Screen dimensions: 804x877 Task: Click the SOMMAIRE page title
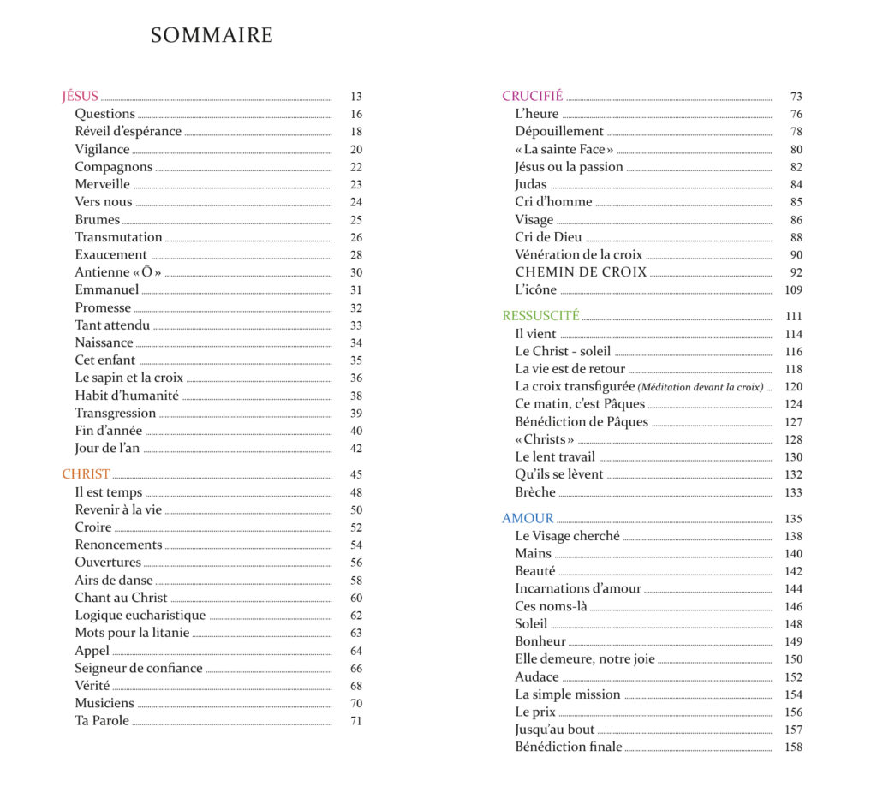[212, 35]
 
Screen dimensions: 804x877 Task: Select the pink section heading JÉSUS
[81, 96]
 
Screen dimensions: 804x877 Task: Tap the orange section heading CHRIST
[86, 474]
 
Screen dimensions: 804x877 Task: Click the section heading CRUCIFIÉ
[532, 96]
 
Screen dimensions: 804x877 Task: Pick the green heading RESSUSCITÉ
[540, 316]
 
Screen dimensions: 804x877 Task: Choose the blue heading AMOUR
[528, 518]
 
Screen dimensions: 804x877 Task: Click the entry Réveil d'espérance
[128, 131]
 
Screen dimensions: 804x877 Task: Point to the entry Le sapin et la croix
[128, 378]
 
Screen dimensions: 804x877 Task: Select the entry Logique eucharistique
[140, 615]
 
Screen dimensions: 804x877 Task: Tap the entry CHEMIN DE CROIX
[581, 272]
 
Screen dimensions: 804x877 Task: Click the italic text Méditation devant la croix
[701, 387]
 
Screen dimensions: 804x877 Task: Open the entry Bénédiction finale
[568, 747]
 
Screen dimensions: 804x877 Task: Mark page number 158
[793, 747]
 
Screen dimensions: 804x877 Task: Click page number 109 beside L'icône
[793, 290]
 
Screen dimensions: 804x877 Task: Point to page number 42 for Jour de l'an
[356, 449]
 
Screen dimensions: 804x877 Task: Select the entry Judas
[530, 184]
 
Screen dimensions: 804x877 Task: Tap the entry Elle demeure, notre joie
[585, 658]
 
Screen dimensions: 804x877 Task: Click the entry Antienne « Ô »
[118, 272]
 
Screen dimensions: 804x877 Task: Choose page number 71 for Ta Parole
[356, 721]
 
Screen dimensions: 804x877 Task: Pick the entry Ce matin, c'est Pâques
[580, 404]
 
